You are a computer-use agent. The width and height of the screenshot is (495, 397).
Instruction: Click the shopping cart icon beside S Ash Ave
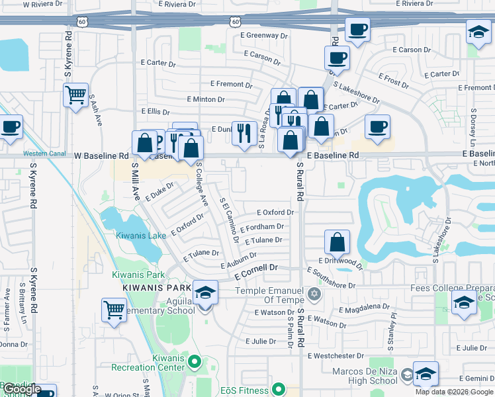76,95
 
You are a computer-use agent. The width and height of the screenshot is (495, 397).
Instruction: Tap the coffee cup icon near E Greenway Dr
357,30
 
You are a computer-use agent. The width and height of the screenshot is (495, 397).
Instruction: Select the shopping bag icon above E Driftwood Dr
337,242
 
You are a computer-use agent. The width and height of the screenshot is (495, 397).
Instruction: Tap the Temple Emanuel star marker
315,292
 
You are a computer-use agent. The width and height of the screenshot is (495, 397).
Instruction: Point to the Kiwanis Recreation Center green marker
194,361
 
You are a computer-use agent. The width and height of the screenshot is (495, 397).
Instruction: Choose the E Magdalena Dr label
364,308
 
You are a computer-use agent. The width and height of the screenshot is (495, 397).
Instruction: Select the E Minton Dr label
205,99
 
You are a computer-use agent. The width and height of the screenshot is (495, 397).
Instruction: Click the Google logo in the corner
22,389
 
